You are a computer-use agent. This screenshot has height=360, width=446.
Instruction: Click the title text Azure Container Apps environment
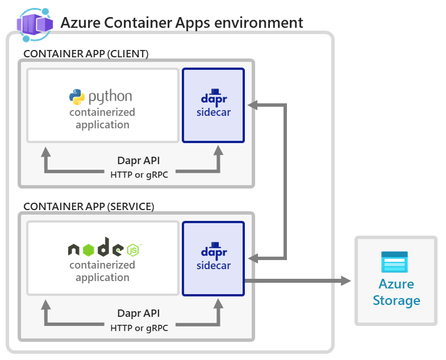coord(182,23)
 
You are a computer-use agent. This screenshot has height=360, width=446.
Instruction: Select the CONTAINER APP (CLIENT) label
coord(86,54)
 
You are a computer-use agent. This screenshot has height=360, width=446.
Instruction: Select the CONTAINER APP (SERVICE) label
coord(89,207)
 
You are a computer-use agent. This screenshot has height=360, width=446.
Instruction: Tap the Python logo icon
coord(77,97)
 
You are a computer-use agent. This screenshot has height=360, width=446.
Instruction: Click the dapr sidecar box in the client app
coord(213,105)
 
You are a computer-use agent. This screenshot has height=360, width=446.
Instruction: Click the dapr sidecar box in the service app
coord(213,258)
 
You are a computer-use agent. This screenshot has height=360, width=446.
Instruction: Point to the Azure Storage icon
coord(395,262)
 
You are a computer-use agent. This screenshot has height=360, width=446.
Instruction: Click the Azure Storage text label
coord(396,292)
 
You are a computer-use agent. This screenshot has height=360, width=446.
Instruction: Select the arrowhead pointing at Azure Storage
coord(346,281)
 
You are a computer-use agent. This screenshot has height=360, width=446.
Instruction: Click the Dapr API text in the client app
coord(139,161)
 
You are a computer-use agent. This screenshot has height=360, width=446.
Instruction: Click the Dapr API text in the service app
coord(139,313)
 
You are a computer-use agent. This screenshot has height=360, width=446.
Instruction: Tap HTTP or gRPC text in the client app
coord(139,174)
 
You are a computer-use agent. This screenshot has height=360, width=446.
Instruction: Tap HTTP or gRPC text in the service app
coord(139,326)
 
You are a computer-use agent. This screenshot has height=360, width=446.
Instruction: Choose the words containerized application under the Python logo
coord(102,119)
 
